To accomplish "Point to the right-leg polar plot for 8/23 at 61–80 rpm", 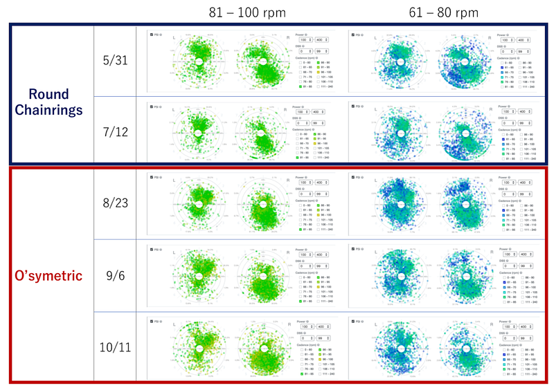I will (458, 205).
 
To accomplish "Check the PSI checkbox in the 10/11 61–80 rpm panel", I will (354, 320).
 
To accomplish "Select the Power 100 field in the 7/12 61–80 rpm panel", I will (508, 112).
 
